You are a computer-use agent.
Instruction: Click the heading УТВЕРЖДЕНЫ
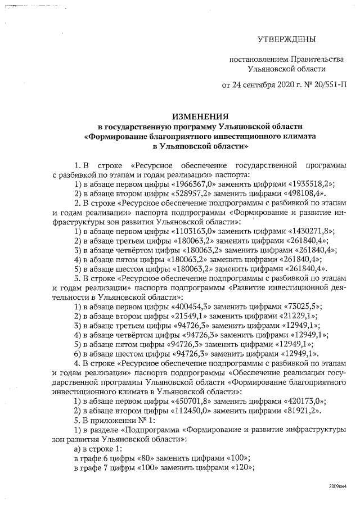pyautogui.click(x=286, y=39)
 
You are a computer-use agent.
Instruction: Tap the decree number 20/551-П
pyautogui.click(x=327, y=86)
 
